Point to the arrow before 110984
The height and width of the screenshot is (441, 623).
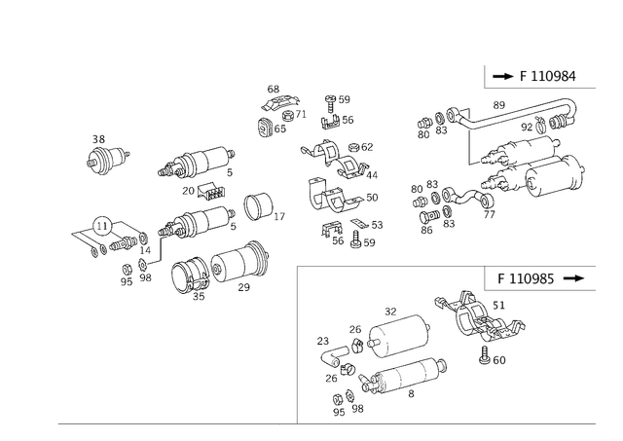504,76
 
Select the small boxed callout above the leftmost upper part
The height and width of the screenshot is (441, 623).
98,138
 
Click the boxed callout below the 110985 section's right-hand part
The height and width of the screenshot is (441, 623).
498,361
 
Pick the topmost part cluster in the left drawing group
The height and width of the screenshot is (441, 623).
277,109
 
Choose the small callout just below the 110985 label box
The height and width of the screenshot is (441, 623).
505,304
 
